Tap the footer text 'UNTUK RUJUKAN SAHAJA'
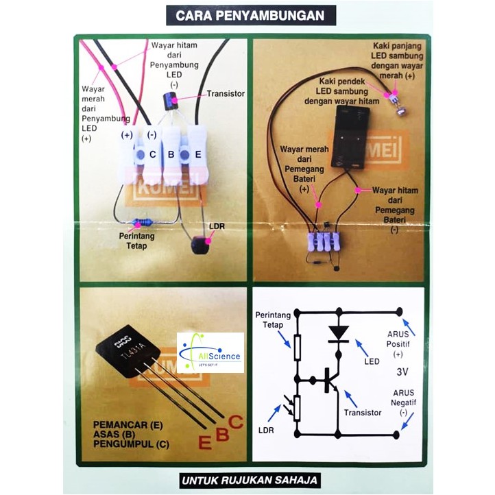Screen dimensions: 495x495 click(249, 481)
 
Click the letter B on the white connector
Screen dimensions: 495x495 click(171, 155)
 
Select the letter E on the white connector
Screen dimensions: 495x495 click(197, 155)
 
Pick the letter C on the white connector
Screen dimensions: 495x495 click(152, 155)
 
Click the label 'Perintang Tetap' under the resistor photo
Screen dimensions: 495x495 click(137, 241)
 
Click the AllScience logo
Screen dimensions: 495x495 click(210, 352)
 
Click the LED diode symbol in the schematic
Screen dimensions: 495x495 click(339, 333)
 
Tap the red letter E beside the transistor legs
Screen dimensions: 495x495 click(204, 442)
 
